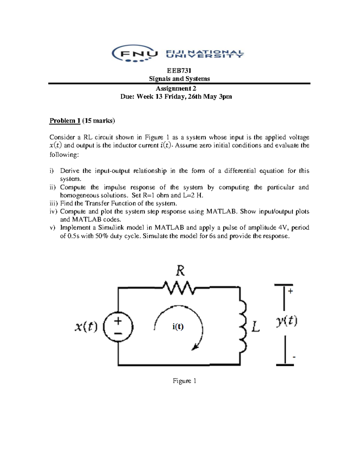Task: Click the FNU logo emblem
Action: point(135,54)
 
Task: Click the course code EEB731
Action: point(179,71)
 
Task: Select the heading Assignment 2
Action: point(176,89)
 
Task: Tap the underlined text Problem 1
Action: point(65,121)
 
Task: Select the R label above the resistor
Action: point(180,271)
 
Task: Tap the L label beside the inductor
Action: point(255,326)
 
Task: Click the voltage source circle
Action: point(118,326)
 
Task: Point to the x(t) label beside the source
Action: point(86,326)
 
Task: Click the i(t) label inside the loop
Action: point(178,326)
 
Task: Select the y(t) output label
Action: point(286,321)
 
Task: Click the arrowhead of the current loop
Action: point(195,347)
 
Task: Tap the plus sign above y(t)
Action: point(290,291)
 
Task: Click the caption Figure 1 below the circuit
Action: point(184,381)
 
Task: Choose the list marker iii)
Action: point(54,203)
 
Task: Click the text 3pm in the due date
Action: point(225,97)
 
